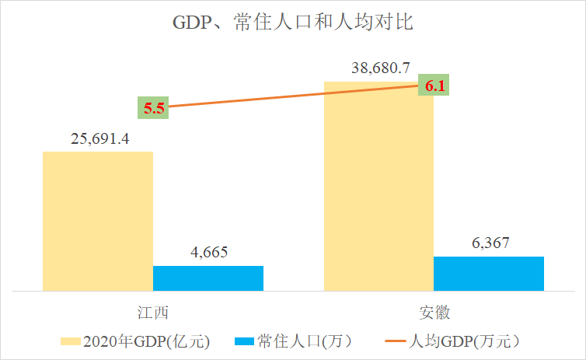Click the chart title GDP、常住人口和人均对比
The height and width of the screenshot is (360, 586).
coord(292,22)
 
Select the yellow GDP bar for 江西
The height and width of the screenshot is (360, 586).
coord(98,221)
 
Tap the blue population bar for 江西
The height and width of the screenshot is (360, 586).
coord(208,278)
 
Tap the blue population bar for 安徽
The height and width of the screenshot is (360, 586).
coord(489,273)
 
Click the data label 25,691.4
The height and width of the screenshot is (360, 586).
coord(98,139)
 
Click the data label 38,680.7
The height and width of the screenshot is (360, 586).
coord(378,68)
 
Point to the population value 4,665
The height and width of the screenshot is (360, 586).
coord(208,253)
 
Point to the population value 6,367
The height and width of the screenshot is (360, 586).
coord(489,243)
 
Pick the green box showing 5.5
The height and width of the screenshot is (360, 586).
coord(153,108)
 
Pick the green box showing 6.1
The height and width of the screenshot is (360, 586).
coord(434,86)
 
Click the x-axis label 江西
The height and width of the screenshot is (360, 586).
coord(153,313)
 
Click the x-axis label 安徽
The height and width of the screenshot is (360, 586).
coord(434,313)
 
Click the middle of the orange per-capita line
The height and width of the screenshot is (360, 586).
coord(294,96)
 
